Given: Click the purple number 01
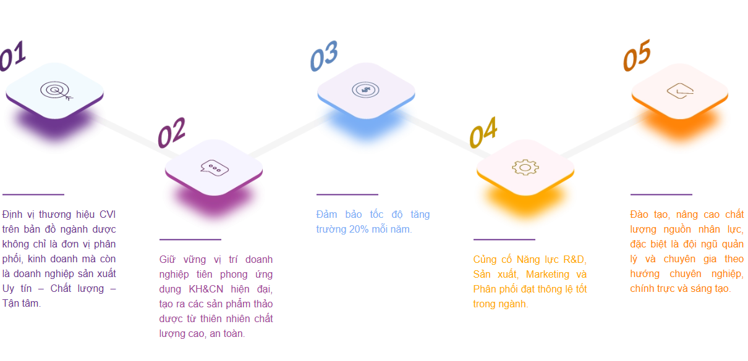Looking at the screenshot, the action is point(13,56).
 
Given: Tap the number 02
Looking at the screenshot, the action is point(171,133).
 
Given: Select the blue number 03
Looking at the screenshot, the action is point(324,56).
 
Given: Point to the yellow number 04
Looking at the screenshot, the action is point(483,132).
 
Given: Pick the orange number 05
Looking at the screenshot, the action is point(637,55).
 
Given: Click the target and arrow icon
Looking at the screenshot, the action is point(56,91).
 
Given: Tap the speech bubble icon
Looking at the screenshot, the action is point(215,168).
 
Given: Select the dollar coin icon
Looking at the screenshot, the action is point(365,89).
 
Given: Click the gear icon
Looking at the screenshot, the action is point(525,167).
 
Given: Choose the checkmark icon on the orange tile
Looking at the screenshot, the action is point(680,91).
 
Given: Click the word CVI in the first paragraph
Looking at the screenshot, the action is point(108,214).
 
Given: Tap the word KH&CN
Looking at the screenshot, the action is point(206,289).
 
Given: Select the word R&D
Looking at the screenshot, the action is point(574,259).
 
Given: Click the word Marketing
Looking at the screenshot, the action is point(548,275).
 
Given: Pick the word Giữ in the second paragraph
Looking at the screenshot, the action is point(167,259).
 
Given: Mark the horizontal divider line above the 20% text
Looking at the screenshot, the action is point(347,194).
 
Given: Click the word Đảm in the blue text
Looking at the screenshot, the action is point(326,214).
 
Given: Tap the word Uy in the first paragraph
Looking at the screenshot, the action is point(8,289).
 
